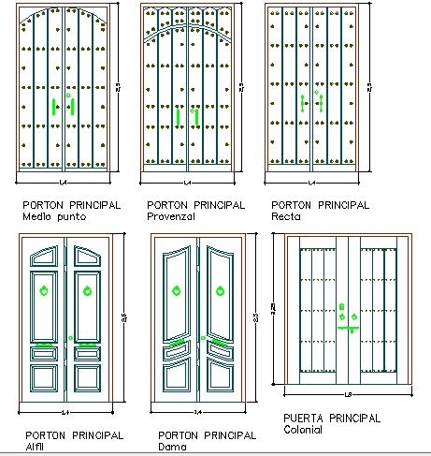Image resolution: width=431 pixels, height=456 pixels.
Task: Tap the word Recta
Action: click(285, 217)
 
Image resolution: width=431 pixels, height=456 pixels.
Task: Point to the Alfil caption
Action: click(36, 448)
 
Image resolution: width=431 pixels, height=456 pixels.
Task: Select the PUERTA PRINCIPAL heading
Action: click(331, 419)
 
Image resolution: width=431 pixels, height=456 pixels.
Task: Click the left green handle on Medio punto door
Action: click(55, 106)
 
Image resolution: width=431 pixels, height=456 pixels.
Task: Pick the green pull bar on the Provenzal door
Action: click(178, 116)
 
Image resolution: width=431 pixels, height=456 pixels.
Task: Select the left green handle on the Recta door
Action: click(302, 104)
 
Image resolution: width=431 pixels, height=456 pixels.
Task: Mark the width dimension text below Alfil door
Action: click(65, 411)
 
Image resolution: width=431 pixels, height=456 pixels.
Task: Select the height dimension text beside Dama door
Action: click(255, 319)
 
